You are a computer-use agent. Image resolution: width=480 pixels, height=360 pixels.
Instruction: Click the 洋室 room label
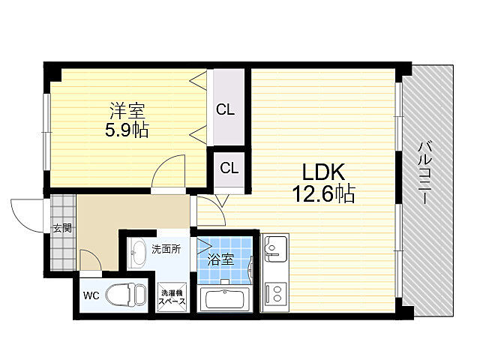pos(127,111)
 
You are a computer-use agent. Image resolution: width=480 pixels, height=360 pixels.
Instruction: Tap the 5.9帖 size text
pos(127,130)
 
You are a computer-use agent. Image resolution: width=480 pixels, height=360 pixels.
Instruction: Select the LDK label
pos(323,172)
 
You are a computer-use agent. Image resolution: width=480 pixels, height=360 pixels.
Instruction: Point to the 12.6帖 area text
pos(323,193)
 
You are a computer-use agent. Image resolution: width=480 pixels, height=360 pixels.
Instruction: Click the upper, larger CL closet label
pos(225,109)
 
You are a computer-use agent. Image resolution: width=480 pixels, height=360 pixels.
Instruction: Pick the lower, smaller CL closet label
pos(229,168)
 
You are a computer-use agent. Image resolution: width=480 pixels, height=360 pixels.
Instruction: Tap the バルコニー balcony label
pos(425,172)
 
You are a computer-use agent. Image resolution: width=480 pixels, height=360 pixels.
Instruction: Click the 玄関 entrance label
pos(63,228)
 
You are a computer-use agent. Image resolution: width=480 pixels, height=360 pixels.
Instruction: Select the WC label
pos(91,295)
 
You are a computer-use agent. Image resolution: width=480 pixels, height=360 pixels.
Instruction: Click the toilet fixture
pos(126,294)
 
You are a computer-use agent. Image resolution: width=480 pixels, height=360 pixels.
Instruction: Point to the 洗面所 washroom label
pos(166,249)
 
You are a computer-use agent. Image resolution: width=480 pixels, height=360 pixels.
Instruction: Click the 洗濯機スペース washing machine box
pos(172,297)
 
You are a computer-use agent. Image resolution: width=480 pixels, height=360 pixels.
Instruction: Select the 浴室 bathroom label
pos(220,259)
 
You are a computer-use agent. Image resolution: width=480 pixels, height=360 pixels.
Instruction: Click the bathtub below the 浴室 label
pos(225,299)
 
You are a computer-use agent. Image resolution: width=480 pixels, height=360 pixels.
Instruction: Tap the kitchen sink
pos(274,248)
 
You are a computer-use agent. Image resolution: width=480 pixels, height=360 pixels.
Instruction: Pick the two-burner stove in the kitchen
pos(275,293)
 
